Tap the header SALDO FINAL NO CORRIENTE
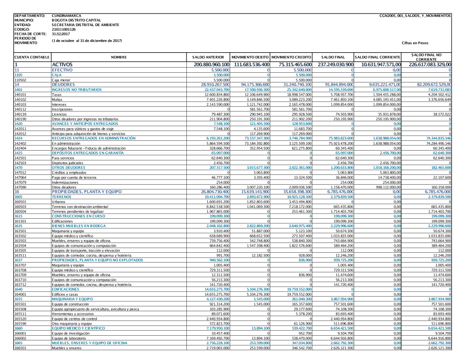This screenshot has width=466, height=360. click(x=427, y=57)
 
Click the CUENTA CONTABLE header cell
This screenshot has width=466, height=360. click(x=32, y=57)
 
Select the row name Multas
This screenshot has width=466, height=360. click(x=57, y=99)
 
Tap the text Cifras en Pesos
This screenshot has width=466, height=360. click(x=414, y=42)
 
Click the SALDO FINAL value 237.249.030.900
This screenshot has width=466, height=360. click(x=333, y=64)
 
